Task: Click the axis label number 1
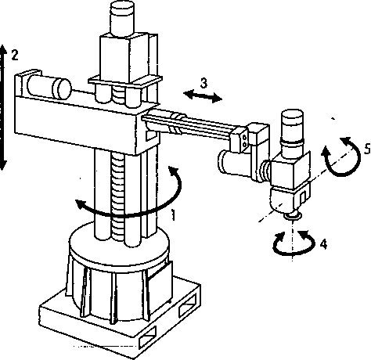(x=173, y=214)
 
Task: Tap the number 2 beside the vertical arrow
(x=15, y=55)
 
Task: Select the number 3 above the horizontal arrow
(x=204, y=83)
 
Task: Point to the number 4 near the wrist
(x=323, y=244)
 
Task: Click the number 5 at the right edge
(x=367, y=149)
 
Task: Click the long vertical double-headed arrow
(x=3, y=107)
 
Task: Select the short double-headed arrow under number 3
(x=203, y=96)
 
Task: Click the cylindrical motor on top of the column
(x=122, y=18)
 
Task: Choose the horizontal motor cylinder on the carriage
(x=49, y=87)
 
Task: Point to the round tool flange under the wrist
(x=293, y=215)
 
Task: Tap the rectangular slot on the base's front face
(x=147, y=337)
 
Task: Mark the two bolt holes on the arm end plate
(x=244, y=141)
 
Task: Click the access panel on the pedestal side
(x=159, y=283)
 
